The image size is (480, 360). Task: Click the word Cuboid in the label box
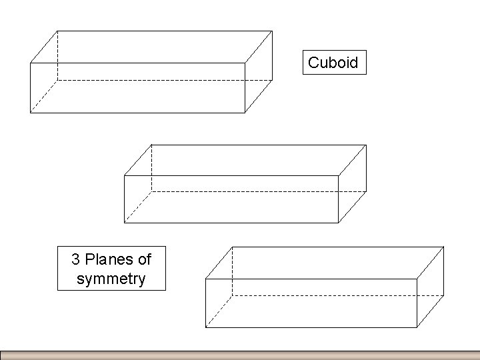333,63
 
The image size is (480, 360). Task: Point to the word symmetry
111,279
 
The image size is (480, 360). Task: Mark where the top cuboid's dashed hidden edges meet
57,80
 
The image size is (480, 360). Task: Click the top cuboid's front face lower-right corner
245,113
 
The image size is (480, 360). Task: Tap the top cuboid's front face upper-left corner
30,63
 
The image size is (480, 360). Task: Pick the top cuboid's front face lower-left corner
30,113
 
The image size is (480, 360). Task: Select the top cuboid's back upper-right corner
272,31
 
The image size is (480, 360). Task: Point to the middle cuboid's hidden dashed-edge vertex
151,191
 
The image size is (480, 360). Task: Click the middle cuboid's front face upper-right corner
339,175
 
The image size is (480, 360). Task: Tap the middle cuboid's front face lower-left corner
125,222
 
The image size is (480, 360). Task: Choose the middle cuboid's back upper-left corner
151,144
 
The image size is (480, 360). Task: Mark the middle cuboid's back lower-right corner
366,191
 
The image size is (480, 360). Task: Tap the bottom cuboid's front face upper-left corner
205,279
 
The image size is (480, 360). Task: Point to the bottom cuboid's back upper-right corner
444,247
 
